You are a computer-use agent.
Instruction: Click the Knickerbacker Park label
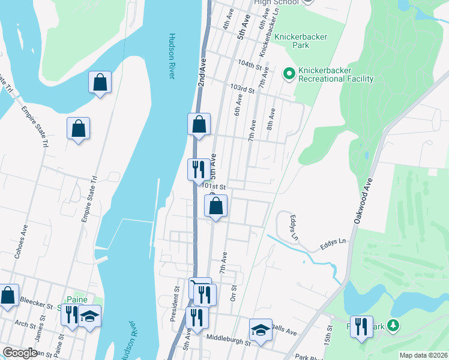point(301,41)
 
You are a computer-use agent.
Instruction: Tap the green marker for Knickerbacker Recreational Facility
point(289,74)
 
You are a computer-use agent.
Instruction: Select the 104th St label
point(250,64)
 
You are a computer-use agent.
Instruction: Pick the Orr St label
point(234,293)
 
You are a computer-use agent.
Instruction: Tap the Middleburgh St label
point(228,340)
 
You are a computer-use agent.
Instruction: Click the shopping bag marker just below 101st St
point(215,206)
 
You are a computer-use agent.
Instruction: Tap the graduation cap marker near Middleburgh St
point(261,330)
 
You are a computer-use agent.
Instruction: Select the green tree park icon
point(393,325)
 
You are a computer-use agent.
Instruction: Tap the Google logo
point(20,353)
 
